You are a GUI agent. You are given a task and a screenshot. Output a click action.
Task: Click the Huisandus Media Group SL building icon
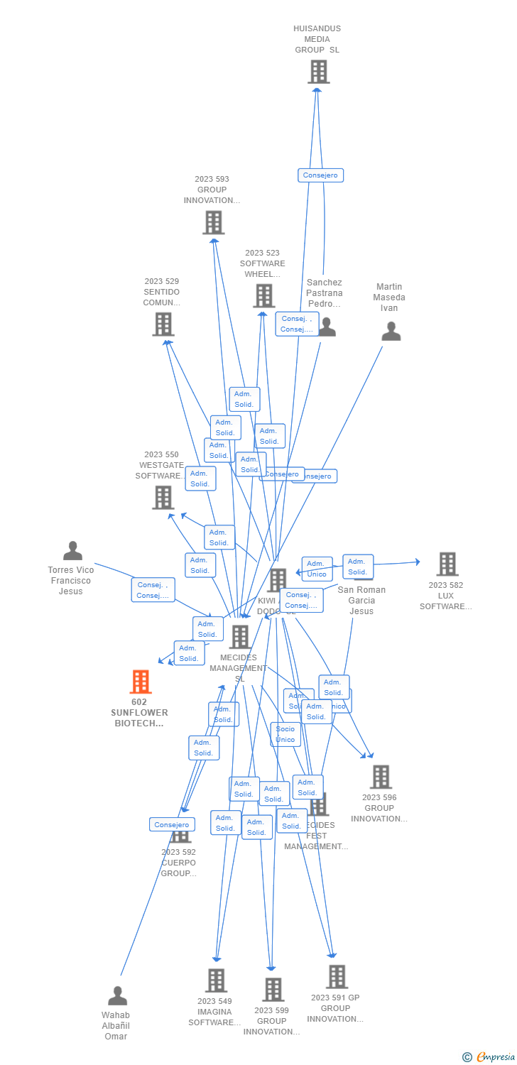(319, 72)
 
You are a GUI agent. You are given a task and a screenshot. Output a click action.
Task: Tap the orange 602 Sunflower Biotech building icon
(141, 682)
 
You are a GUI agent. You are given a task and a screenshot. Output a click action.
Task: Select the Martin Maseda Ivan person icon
(391, 332)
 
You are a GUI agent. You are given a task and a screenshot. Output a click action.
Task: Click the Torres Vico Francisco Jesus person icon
(72, 551)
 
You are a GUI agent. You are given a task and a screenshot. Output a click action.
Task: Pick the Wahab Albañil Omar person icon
(117, 995)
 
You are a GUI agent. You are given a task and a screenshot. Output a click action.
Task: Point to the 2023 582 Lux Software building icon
(447, 564)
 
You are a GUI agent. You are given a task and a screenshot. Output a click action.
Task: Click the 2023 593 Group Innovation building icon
(213, 222)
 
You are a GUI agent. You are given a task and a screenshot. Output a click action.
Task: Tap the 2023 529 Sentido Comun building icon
(163, 324)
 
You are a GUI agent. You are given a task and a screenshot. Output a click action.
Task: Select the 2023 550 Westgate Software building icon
(163, 498)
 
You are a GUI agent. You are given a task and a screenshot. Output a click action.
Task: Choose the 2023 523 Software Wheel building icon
(263, 296)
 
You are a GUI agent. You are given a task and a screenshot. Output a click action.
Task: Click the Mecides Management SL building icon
(240, 637)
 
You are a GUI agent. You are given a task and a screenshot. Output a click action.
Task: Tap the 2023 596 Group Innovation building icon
(381, 777)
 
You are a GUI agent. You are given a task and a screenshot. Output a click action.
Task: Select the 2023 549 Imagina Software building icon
(216, 981)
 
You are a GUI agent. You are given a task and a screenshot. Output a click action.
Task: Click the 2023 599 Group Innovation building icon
(273, 989)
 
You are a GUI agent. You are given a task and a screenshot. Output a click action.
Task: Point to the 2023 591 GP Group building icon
(337, 977)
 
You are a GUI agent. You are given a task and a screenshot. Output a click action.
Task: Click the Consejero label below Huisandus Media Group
(320, 175)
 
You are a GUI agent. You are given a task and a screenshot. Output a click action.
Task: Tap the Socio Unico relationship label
(285, 734)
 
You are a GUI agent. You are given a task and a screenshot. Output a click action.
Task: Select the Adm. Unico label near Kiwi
(317, 569)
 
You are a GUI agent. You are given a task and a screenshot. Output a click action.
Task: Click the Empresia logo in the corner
(488, 1056)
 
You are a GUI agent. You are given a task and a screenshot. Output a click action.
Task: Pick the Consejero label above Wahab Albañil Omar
(172, 824)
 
